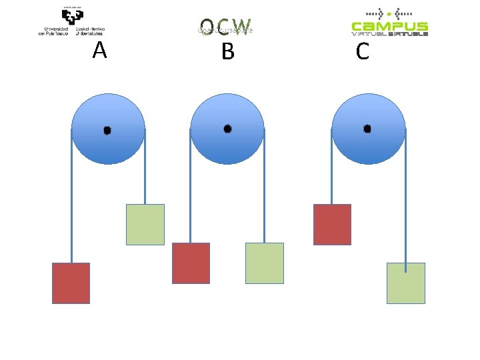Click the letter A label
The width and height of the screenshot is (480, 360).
click(x=100, y=50)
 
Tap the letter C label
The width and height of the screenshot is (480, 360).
click(x=363, y=51)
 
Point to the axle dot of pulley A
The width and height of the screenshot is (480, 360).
click(x=107, y=131)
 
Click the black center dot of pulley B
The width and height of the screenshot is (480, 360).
click(x=227, y=128)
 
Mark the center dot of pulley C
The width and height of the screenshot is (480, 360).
click(x=367, y=128)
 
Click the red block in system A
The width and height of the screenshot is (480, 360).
click(x=71, y=283)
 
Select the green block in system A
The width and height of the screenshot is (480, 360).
click(x=145, y=225)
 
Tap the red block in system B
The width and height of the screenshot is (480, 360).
click(x=191, y=263)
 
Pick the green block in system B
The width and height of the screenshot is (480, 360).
click(x=265, y=263)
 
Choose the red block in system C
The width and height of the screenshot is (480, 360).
click(x=332, y=225)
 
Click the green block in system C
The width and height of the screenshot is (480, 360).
click(x=406, y=283)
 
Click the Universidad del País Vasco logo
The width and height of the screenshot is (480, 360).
click(x=72, y=21)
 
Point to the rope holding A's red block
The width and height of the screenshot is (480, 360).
click(x=72, y=200)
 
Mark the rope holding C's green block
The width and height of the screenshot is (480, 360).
click(x=405, y=200)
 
